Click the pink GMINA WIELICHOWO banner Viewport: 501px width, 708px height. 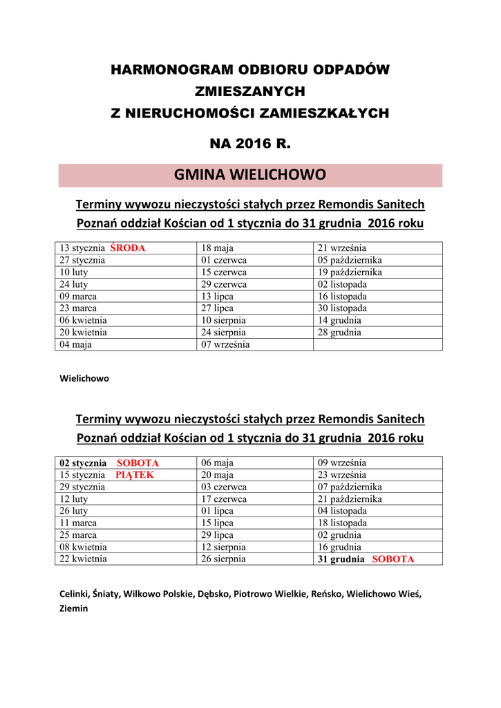tap(250, 175)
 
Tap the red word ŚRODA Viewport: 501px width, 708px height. tap(127, 248)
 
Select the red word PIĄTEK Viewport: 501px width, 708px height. tap(135, 476)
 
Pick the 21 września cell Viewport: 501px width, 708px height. tap(341, 248)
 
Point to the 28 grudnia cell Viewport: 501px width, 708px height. tap(339, 333)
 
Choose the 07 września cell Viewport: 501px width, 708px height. tap(225, 344)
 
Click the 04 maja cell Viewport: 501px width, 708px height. tap(76, 344)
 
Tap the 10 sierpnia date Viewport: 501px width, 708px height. tap(223, 321)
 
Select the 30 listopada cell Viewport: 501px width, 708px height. tap(342, 308)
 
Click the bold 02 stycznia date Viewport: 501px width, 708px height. tap(83, 463)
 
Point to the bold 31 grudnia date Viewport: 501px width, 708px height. tap(341, 559)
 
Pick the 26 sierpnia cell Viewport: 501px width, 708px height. tap(223, 559)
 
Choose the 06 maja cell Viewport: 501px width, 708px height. tap(217, 463)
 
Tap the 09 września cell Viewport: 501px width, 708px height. tap(341, 463)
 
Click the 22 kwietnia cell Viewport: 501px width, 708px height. tap(83, 559)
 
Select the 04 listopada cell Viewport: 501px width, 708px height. tap(342, 511)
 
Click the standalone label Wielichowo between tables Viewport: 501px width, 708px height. tap(84, 379)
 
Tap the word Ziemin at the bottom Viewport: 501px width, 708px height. tap(74, 609)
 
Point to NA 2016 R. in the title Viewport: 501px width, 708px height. tap(250, 145)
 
